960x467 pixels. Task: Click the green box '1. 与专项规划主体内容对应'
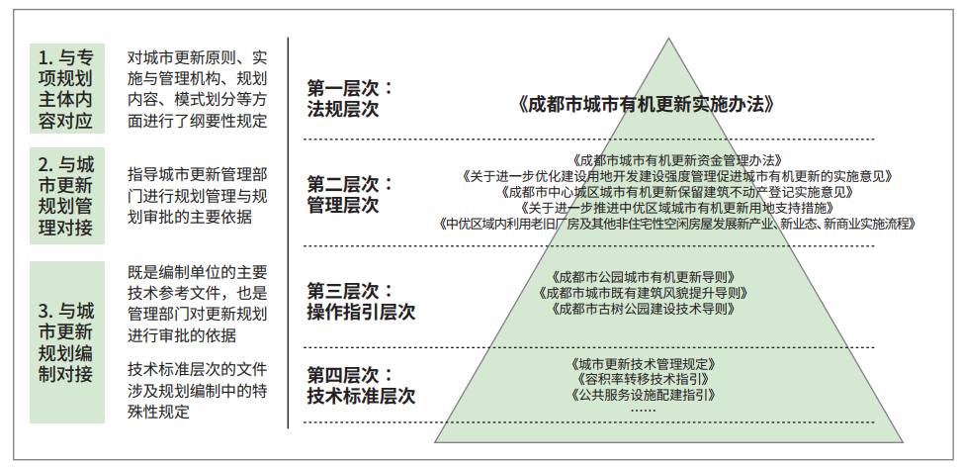[67, 88]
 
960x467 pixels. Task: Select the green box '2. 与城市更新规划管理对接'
[67, 196]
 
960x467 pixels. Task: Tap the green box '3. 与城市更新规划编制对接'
[67, 342]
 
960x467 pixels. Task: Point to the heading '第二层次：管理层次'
[350, 194]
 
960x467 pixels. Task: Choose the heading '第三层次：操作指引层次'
[361, 301]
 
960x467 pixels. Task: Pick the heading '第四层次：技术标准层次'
[361, 385]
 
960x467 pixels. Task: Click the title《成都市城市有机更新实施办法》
[645, 105]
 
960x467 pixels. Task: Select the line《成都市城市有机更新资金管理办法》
[678, 160]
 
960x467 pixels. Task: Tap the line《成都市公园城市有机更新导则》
[643, 277]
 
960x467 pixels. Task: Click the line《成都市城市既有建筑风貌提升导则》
[643, 293]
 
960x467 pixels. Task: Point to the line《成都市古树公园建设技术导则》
[643, 309]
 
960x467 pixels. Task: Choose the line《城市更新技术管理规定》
[643, 364]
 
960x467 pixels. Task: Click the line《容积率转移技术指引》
[643, 379]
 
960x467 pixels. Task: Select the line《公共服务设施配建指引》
[643, 395]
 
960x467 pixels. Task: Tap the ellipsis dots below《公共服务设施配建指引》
[643, 410]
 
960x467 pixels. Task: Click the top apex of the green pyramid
[668, 38]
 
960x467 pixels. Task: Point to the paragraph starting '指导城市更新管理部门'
[197, 196]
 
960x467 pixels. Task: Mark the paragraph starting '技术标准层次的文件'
[197, 391]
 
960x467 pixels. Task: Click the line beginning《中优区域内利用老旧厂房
[677, 224]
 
